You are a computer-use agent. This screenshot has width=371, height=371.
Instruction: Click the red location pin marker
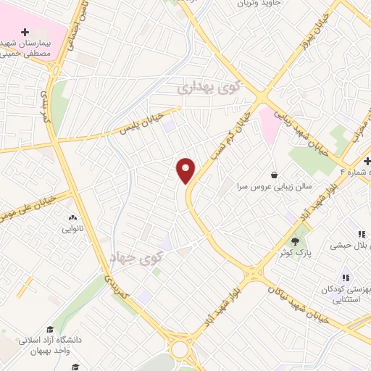tap(186, 170)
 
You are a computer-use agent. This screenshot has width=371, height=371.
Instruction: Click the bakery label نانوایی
tap(72, 229)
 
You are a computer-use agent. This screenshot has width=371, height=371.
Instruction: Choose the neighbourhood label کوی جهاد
tap(138, 257)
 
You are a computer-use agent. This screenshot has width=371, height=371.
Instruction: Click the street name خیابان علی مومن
tap(36, 199)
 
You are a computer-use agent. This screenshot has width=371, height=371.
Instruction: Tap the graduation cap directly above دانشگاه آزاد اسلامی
tap(51, 330)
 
